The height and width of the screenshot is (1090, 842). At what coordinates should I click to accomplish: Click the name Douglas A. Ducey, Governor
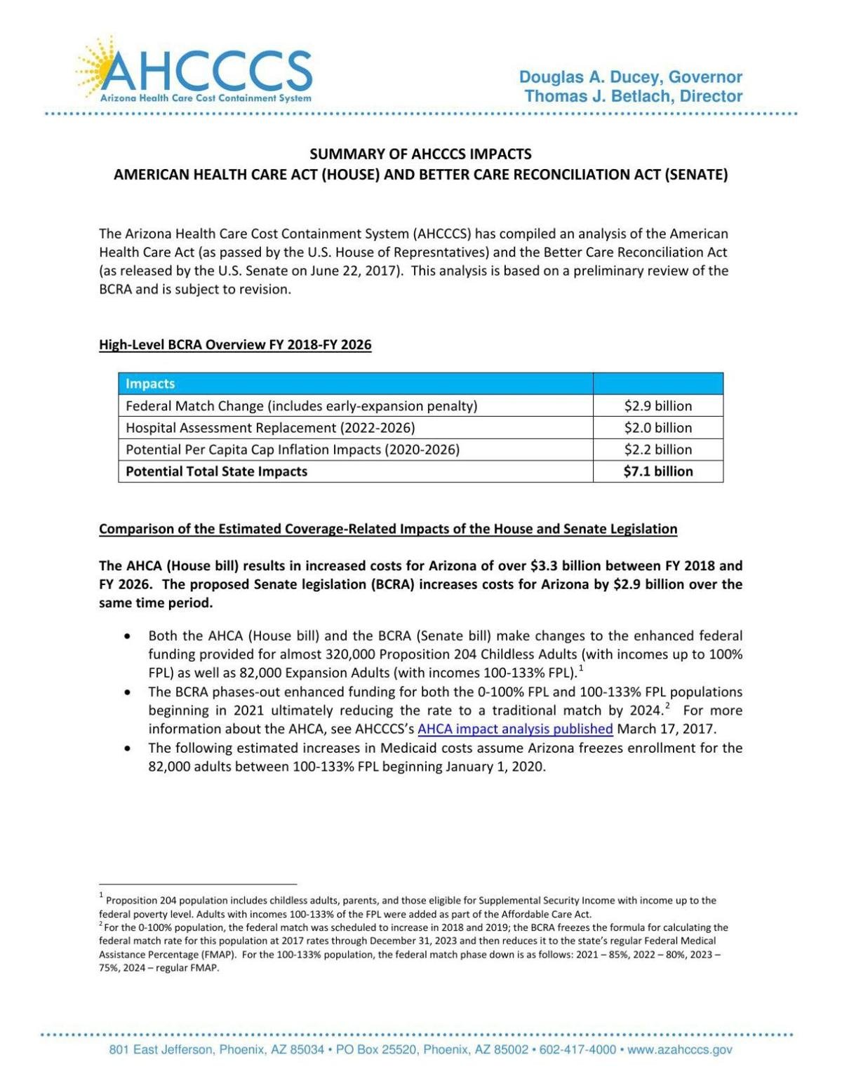point(630,77)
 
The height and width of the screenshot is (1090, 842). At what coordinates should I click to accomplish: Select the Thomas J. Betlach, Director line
point(633,96)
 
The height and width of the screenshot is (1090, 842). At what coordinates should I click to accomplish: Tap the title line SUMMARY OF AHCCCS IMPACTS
point(420,154)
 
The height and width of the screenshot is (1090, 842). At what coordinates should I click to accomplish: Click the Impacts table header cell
point(150,384)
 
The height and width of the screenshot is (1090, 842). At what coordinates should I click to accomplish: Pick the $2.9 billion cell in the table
point(657,406)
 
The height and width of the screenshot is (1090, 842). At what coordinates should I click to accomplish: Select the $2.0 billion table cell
point(657,428)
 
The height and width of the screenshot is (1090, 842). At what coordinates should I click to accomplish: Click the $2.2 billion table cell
point(657,450)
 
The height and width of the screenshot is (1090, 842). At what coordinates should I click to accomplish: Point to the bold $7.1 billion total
point(657,471)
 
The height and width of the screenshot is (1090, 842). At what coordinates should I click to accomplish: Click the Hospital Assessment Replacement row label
point(270,428)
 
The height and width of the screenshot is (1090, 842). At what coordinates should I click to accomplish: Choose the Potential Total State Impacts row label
point(216,471)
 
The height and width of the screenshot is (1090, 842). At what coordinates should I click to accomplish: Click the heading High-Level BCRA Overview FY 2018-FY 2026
point(235,344)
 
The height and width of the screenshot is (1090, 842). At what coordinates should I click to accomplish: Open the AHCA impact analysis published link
point(515,729)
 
